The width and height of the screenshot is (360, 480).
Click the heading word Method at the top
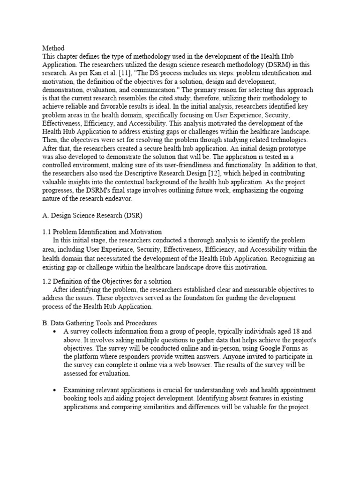(x=53, y=48)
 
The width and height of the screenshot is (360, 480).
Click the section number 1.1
(x=47, y=232)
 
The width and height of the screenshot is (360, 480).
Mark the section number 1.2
(x=47, y=282)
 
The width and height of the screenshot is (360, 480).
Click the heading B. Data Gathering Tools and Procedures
(x=99, y=323)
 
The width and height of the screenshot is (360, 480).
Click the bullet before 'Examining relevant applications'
(x=56, y=390)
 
